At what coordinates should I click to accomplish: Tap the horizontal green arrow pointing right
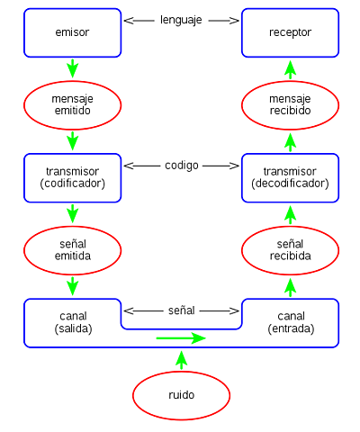tap(181, 338)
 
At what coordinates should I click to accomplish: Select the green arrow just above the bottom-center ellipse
tap(181, 360)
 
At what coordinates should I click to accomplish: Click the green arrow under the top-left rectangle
tap(72, 68)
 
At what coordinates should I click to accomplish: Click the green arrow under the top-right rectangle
tap(290, 68)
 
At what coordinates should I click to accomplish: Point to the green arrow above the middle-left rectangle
tap(72, 141)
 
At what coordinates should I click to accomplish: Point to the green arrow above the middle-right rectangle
tap(290, 141)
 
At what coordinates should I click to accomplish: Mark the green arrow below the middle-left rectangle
tap(72, 213)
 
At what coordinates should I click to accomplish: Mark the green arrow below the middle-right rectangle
tap(290, 214)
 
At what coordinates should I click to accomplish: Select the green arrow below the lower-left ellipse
tap(72, 286)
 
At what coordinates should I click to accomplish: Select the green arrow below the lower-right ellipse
tap(290, 287)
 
